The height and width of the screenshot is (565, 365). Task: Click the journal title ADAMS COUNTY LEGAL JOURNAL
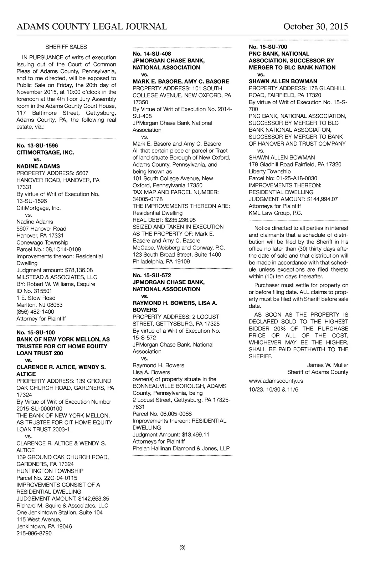pos(92,27)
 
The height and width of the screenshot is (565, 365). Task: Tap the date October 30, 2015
pos(315,27)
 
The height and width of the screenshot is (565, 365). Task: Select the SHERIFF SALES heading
pos(66,47)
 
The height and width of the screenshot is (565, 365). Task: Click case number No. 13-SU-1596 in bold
pos(37,146)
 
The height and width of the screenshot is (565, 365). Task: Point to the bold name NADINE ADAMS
pos(38,166)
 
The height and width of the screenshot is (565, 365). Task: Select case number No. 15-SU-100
pos(36,332)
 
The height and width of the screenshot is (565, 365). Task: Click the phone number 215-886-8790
pos(34,533)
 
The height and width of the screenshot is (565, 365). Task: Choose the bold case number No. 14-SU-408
pos(152,54)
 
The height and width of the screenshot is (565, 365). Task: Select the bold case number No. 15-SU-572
pos(152,275)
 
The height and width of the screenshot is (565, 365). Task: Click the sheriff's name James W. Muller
pos(328,365)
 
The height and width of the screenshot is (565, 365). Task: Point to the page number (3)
pos(182,548)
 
